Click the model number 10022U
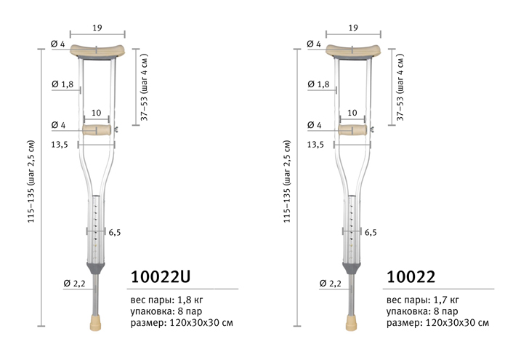(x=161, y=276)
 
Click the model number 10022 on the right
(x=411, y=276)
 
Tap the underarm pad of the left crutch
(x=97, y=50)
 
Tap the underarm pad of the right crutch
(x=353, y=50)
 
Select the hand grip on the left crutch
(x=97, y=130)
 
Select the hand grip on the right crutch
(x=352, y=130)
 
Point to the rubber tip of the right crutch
(x=351, y=323)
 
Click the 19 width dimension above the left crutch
(x=97, y=28)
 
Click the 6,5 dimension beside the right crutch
(x=371, y=232)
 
